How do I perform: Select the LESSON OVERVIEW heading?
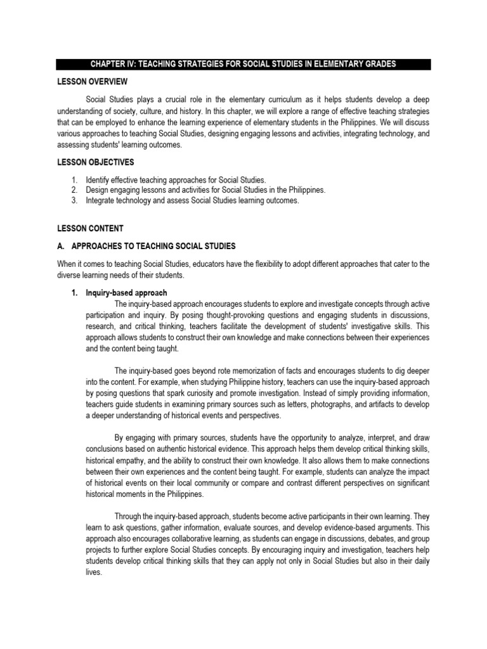click(x=92, y=82)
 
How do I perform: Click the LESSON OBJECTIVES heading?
click(x=95, y=162)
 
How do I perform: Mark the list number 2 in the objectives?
click(x=74, y=191)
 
